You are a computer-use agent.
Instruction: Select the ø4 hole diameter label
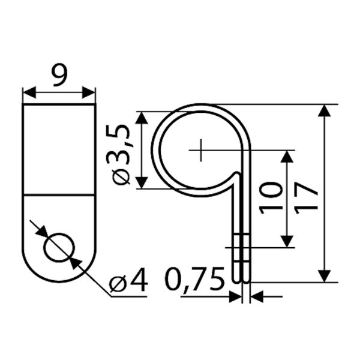[128, 280]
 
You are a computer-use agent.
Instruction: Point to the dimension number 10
[271, 198]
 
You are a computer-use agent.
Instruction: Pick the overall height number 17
[307, 198]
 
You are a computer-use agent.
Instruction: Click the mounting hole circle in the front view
[59, 248]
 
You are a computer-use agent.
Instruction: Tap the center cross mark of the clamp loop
[201, 150]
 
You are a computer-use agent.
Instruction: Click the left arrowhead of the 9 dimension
[29, 92]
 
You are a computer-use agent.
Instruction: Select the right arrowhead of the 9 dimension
[89, 92]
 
